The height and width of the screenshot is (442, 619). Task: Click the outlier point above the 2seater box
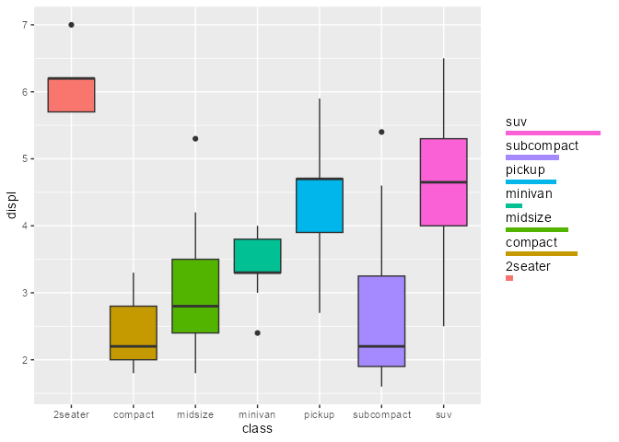(x=71, y=25)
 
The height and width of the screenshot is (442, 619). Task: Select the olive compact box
(x=134, y=332)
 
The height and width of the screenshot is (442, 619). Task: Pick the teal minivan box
(x=257, y=256)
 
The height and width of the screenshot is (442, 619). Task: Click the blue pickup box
(x=320, y=205)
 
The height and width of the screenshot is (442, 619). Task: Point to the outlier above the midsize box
(x=195, y=139)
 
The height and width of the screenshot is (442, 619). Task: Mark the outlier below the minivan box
(x=257, y=332)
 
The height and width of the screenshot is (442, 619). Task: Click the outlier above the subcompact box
(x=381, y=132)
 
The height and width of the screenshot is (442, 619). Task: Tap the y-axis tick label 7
(x=24, y=25)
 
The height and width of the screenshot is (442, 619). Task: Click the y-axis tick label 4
(x=24, y=226)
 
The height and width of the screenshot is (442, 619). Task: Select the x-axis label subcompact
(x=381, y=415)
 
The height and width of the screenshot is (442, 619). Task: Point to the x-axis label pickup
(x=320, y=415)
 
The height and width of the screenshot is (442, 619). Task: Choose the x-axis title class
(x=257, y=429)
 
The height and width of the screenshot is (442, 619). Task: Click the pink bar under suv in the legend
(x=553, y=134)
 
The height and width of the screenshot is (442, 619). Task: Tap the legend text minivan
(x=529, y=193)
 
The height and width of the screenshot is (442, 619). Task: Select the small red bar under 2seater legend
(x=509, y=278)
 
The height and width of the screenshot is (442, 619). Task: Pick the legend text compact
(x=531, y=242)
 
